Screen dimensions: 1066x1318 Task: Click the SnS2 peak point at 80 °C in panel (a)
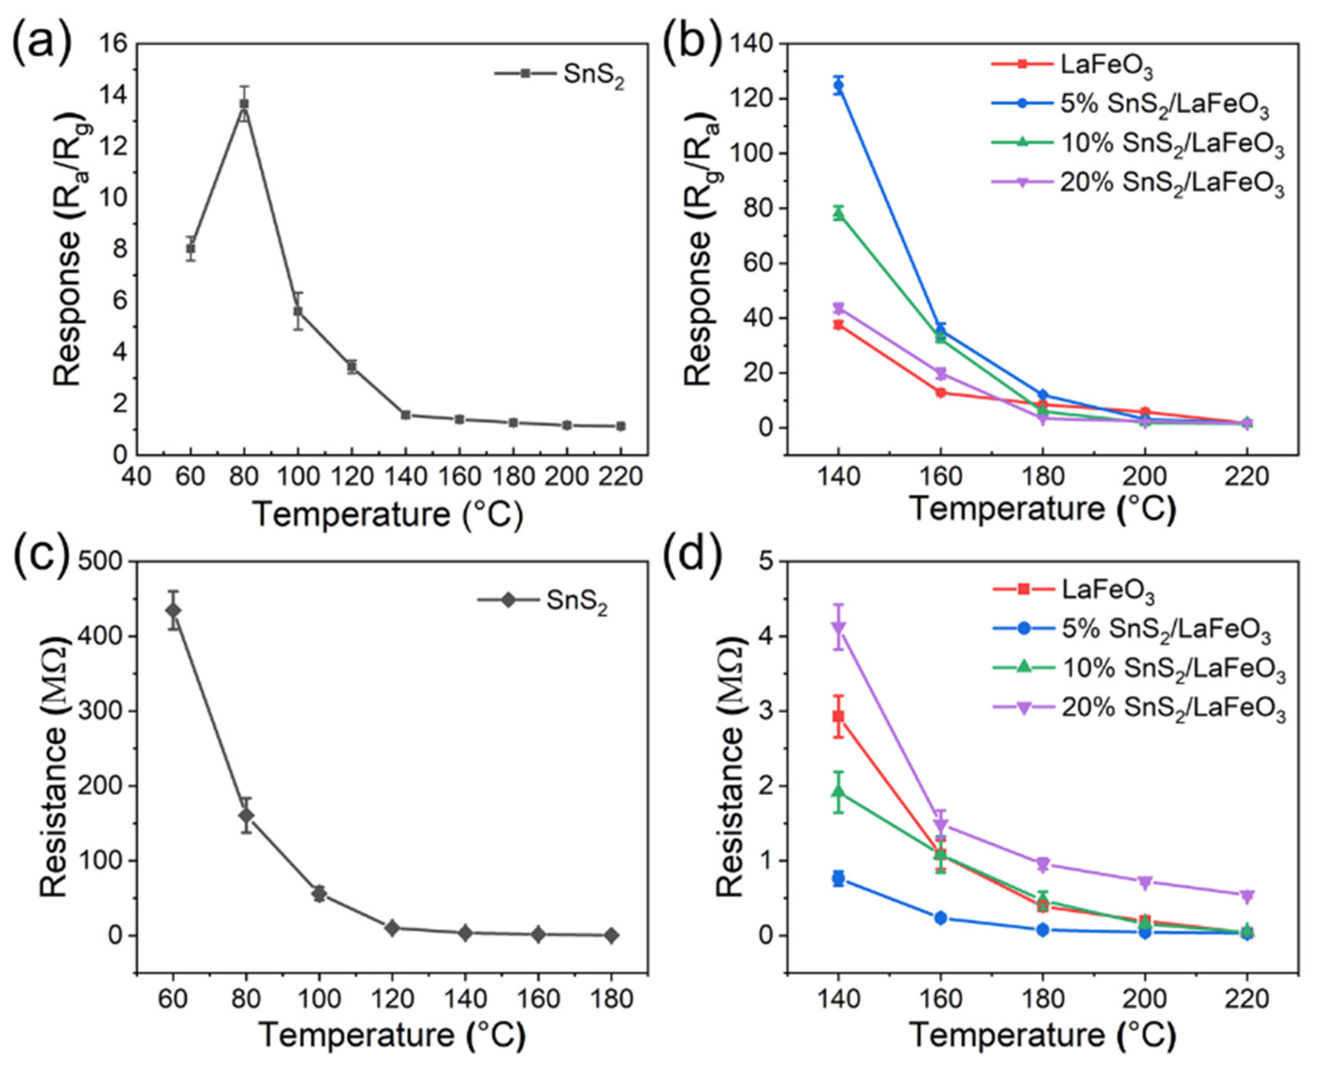click(244, 104)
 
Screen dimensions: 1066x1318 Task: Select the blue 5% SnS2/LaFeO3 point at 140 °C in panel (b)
click(839, 85)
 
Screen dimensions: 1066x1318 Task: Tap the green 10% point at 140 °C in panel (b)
click(839, 213)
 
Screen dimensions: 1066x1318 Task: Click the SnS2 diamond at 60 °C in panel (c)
click(174, 610)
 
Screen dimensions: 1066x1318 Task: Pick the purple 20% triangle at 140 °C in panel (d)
click(839, 628)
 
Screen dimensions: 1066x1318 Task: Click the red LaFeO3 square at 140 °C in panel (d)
click(839, 717)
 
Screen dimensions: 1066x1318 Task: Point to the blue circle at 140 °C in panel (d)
click(839, 879)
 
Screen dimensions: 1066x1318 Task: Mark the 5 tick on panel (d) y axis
click(766, 561)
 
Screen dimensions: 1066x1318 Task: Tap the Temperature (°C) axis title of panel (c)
click(392, 1035)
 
